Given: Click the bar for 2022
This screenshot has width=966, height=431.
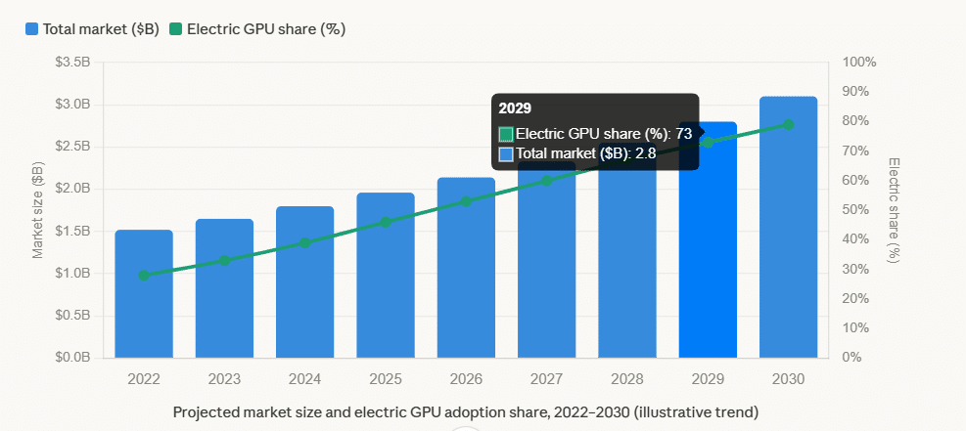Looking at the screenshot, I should pos(144,293).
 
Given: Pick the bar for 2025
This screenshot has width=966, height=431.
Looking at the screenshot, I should pos(386,275).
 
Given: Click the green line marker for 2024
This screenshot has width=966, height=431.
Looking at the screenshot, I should pos(305,242).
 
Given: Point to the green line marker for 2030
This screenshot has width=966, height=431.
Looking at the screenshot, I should pos(788,124).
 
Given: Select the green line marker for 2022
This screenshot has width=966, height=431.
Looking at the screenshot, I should pos(144,276).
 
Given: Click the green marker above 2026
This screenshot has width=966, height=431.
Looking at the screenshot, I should pos(466,201).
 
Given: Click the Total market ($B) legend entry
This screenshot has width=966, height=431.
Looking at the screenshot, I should pos(92,29).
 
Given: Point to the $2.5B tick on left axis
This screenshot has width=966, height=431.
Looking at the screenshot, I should pos(73,147).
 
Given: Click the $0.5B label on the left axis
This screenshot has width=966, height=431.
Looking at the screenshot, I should pos(73,316).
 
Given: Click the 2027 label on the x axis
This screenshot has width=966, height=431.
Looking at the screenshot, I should pos(546,378).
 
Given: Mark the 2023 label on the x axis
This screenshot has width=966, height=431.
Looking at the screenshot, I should pos(224,378).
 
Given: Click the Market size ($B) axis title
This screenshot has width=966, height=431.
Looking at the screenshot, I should pos(38,210).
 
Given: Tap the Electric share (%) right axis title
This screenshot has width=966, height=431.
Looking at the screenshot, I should pos(894,210).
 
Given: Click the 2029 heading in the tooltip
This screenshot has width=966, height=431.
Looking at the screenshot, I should pos(515,108).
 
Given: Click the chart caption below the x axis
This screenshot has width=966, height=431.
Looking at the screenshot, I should pos(466,412).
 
